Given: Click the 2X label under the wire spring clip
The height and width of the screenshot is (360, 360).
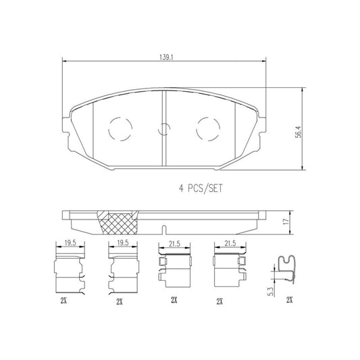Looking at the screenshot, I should tap(290, 299).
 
